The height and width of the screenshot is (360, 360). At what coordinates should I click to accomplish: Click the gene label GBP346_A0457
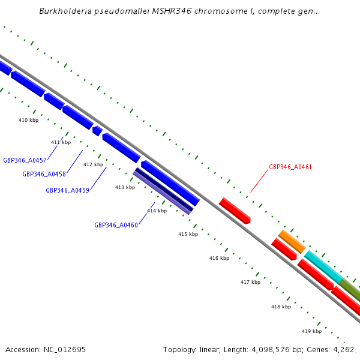point(25,160)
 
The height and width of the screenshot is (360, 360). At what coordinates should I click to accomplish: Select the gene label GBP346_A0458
point(44,174)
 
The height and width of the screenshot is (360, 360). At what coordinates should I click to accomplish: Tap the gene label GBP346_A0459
point(67,190)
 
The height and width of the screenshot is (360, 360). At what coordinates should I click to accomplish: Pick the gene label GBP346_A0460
point(116,226)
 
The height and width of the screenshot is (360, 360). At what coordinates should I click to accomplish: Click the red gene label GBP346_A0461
point(290,167)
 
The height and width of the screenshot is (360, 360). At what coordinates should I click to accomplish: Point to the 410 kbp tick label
point(28,120)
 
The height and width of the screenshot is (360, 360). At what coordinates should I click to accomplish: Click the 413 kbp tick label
point(125,187)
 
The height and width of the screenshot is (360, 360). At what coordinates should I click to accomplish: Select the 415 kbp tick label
point(188,234)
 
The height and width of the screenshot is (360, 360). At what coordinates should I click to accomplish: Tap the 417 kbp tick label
point(250,282)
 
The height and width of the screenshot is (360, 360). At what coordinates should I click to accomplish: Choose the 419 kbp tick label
point(311,331)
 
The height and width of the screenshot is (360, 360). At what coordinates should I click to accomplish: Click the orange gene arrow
point(292,241)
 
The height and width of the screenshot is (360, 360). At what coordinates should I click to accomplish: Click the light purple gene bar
point(163,194)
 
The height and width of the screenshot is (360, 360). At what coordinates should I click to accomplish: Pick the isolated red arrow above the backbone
point(234,211)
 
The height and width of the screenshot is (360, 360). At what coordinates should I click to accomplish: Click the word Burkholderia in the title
point(65,11)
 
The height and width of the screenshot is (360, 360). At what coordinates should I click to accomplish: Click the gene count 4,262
point(344,349)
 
